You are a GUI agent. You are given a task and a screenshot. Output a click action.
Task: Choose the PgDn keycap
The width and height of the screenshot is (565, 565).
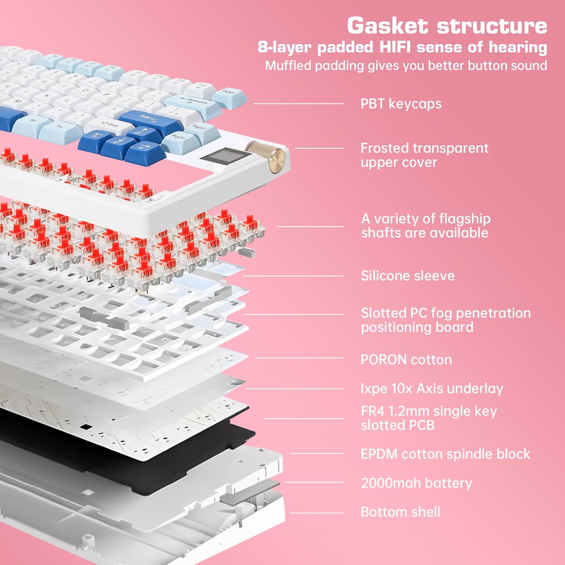coord(180,139)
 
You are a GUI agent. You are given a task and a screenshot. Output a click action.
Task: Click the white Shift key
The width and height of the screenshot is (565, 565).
coord(107,124)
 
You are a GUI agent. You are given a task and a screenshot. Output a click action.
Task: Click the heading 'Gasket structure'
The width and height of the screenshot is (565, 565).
coord(447,26)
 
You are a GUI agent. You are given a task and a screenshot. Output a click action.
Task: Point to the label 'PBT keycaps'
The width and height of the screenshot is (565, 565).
coord(401,104)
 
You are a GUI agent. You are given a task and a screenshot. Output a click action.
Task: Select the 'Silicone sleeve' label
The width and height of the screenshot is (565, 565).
coord(408,276)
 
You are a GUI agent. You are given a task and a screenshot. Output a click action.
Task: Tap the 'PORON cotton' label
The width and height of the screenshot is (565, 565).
coord(406,360)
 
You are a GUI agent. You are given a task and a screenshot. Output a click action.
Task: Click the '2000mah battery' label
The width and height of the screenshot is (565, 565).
coord(416,483)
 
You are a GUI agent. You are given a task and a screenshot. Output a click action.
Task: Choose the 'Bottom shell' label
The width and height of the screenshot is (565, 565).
coord(400,512)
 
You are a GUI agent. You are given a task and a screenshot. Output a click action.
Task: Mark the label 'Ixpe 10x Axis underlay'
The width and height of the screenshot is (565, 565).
coord(432,388)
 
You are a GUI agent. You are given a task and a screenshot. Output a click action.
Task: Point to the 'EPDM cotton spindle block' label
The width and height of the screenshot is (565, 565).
coord(445,454)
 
